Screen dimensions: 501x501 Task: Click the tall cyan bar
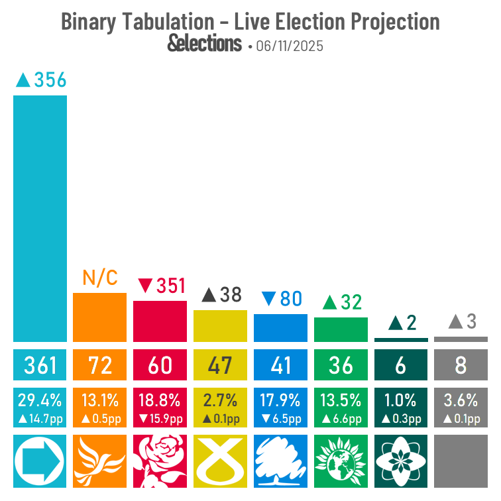coord(40,218)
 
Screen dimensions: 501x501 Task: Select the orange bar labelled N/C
coord(99,317)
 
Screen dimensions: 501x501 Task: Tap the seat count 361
coord(40,365)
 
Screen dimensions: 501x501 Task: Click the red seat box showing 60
coord(160,365)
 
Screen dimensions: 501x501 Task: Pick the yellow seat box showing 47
coord(220,365)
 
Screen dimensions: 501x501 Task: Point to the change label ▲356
coord(41,80)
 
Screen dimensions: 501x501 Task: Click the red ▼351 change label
coord(162,286)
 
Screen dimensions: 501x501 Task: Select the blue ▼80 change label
coord(281,299)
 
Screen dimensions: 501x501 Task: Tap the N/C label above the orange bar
coord(99,278)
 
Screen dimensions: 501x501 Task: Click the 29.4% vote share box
coord(40,408)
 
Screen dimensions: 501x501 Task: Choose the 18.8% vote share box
coord(160,408)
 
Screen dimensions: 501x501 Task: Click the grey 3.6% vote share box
coord(461,408)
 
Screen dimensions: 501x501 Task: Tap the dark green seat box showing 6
coord(400,365)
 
